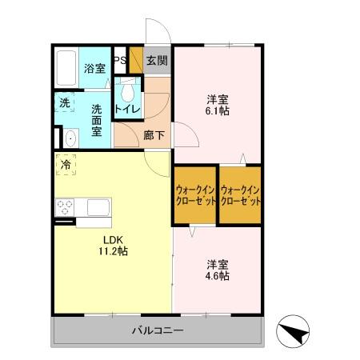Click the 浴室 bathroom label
[94, 69]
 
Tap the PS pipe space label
[119, 61]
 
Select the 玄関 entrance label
[157, 61]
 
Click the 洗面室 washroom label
[97, 119]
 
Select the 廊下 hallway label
[154, 135]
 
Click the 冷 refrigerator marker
[63, 166]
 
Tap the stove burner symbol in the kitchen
[64, 207]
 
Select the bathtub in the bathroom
[66, 70]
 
